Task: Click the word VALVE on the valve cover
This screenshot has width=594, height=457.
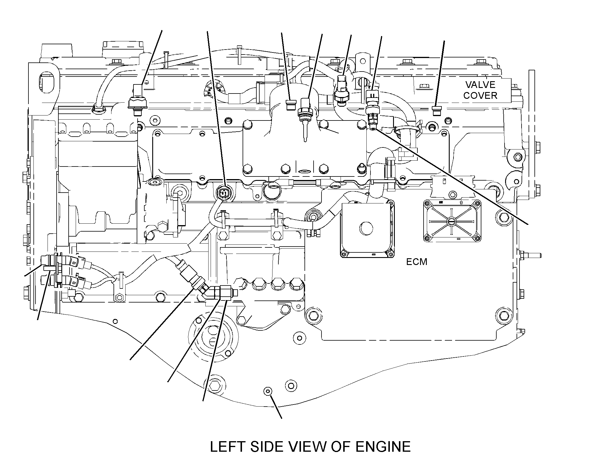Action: [x=480, y=85]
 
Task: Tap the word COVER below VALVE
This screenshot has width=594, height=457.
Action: [x=480, y=96]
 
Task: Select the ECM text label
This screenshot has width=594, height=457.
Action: [x=417, y=262]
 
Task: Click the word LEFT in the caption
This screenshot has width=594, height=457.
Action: [x=229, y=446]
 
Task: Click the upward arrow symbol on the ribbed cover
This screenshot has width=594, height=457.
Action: [x=461, y=203]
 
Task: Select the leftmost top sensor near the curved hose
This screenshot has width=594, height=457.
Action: [x=137, y=100]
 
